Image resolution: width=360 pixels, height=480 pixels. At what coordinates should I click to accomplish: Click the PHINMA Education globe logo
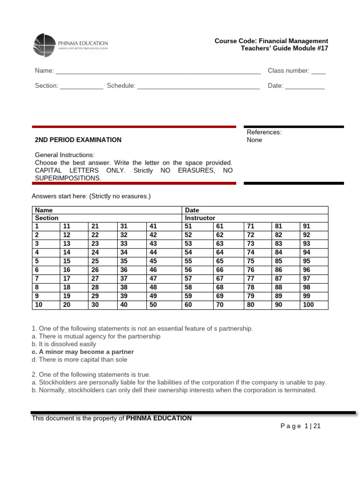45,45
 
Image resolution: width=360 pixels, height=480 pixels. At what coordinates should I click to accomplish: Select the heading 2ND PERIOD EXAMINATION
78,140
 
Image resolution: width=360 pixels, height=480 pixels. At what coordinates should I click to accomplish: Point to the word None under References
255,140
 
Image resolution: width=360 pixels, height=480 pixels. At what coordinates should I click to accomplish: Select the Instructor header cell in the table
200,218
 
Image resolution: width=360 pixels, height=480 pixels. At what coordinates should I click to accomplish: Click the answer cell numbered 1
45,226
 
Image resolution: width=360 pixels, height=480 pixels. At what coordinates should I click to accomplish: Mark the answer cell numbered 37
132,278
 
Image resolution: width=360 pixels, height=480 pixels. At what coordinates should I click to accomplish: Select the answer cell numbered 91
314,226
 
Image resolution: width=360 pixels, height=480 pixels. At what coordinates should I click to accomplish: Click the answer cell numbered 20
74,305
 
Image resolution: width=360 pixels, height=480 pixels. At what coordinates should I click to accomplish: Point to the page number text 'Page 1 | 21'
300,426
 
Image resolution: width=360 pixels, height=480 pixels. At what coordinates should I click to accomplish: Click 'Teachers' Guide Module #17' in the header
284,49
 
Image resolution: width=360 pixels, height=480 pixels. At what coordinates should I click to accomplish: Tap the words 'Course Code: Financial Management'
271,41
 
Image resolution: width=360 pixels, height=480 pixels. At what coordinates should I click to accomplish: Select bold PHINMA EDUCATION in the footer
159,418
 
